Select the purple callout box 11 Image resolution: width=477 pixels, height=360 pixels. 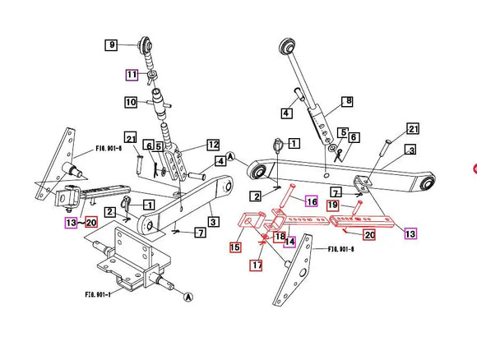(x=132, y=74)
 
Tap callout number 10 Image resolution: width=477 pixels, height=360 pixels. (x=131, y=103)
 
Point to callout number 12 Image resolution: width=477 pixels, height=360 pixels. (x=213, y=145)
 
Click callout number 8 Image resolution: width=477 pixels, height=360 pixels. (x=347, y=101)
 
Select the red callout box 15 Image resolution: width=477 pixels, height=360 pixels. (x=235, y=247)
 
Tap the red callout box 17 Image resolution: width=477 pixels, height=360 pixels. (x=257, y=265)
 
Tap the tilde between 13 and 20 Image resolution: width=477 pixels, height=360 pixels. (x=80, y=222)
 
